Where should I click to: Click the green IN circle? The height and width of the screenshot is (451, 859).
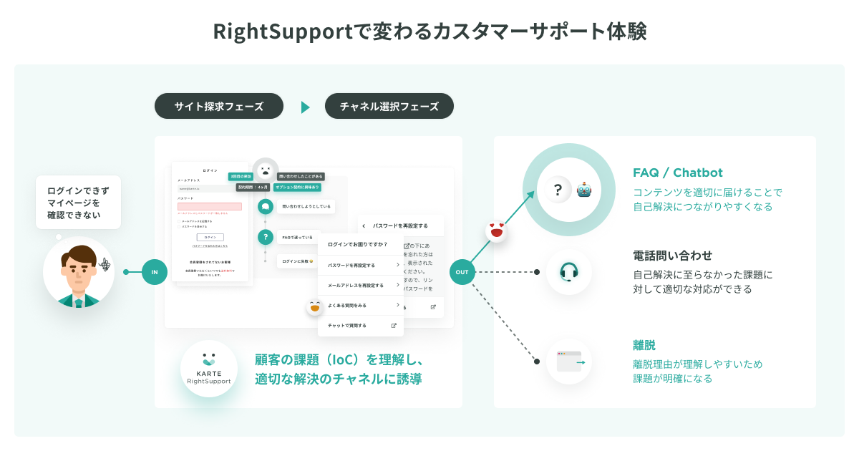[155, 272]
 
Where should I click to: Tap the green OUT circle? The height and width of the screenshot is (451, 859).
[462, 272]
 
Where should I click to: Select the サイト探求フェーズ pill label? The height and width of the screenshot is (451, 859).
[218, 107]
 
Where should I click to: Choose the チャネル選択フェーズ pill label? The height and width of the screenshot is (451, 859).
[389, 107]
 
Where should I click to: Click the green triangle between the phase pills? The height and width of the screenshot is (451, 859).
[305, 107]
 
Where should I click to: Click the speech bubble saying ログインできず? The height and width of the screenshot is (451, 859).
[79, 203]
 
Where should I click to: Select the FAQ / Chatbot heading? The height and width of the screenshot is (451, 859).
[677, 173]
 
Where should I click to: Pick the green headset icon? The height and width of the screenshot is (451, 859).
[569, 272]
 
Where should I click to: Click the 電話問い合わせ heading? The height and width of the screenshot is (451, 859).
[672, 256]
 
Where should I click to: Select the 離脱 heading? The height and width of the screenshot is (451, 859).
[644, 345]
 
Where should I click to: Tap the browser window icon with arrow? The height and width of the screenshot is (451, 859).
[570, 361]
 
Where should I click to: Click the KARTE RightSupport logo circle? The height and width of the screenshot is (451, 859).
[208, 368]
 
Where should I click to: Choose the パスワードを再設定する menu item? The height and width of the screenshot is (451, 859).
[360, 265]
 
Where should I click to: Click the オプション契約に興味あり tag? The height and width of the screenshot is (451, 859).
[297, 187]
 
